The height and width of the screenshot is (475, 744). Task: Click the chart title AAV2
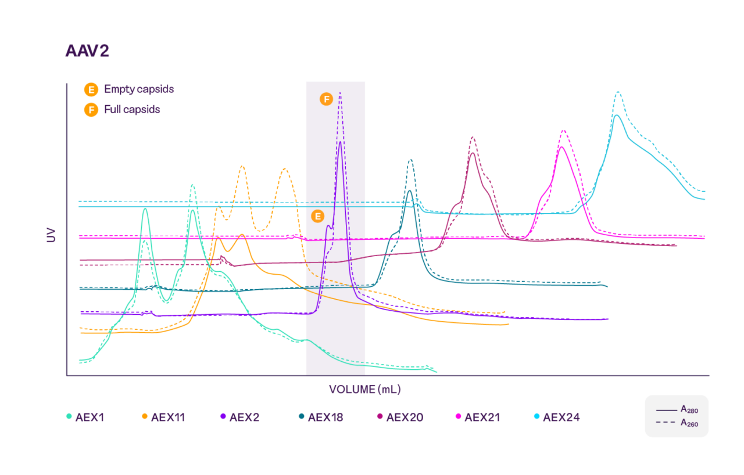[87, 51]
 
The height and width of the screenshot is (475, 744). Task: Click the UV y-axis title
[52, 235]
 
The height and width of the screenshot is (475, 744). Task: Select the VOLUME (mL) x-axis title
[365, 389]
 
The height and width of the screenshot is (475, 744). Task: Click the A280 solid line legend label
[689, 410]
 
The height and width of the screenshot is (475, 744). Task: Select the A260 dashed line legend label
[689, 423]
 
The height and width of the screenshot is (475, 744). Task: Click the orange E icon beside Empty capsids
[91, 90]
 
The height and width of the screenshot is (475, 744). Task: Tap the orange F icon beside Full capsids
[91, 110]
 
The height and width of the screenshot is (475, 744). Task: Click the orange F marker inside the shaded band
[326, 99]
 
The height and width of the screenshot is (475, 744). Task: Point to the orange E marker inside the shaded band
[317, 217]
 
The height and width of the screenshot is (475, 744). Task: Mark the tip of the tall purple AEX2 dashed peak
[340, 93]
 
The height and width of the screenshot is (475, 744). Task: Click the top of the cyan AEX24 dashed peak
[618, 92]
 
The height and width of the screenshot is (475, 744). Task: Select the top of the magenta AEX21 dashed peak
[563, 131]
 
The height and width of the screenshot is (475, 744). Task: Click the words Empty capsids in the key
[139, 89]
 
